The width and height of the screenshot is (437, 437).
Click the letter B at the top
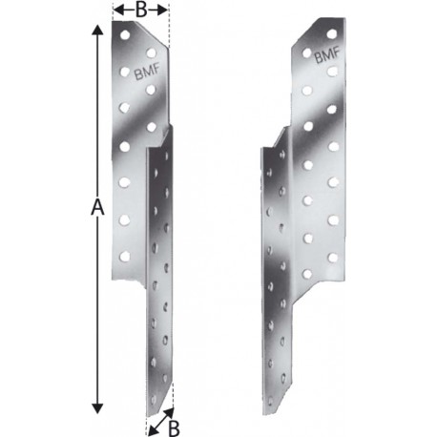point(141,10)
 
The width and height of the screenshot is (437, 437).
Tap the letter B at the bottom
point(174,427)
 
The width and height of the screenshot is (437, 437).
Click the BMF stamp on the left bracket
point(147,72)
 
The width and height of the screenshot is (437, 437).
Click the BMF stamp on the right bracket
point(327,54)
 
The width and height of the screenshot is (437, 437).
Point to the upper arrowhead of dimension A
point(97,31)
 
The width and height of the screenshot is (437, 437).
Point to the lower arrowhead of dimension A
point(97,407)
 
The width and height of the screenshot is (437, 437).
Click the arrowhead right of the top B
point(162,10)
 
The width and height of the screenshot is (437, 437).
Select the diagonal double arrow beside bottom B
point(161,422)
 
